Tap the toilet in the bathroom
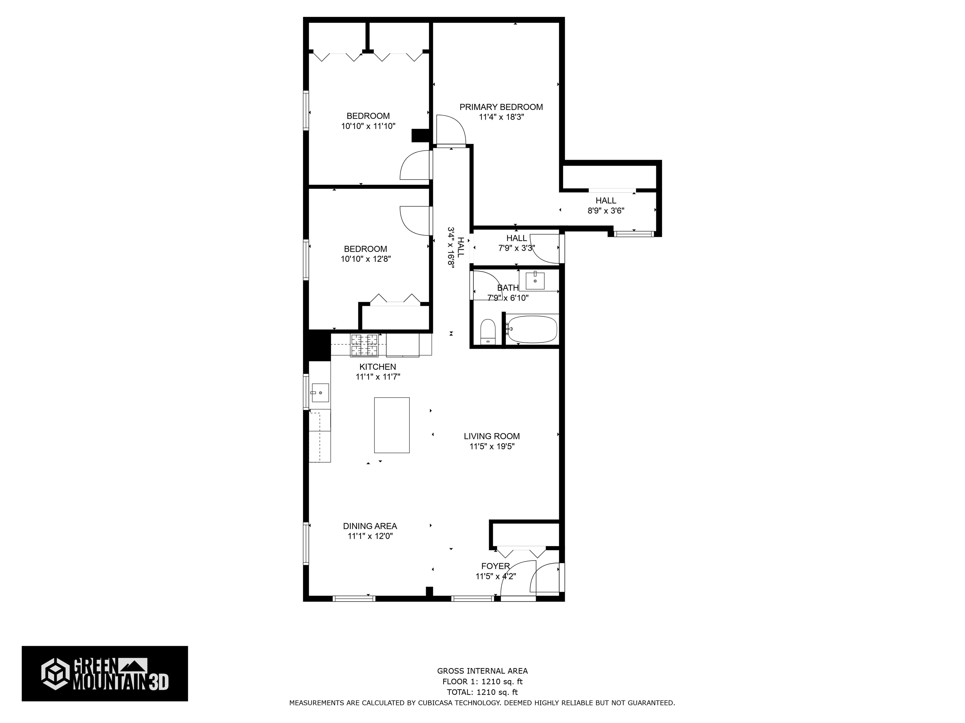(x=488, y=332)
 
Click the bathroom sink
(x=535, y=281)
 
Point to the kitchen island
(x=392, y=425)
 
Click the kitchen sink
(x=320, y=393)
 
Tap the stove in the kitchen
(x=364, y=345)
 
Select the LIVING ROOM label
(x=492, y=436)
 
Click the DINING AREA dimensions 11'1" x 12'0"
(x=370, y=536)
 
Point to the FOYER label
(x=496, y=566)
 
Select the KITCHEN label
(x=378, y=367)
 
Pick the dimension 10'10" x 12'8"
(x=366, y=259)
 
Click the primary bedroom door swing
(x=451, y=129)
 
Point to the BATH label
(x=508, y=288)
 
